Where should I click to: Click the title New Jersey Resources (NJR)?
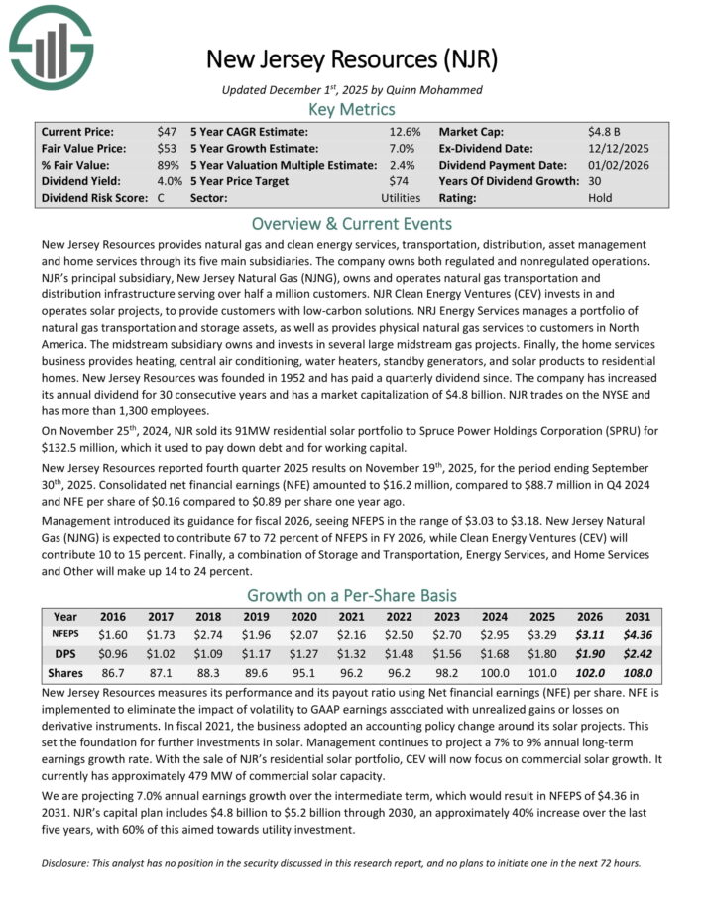tap(352, 58)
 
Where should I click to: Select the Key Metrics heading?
tap(352, 109)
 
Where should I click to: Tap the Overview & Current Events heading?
tap(352, 223)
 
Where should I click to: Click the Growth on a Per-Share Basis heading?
tap(352, 595)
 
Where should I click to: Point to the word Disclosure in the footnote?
tap(70, 862)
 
